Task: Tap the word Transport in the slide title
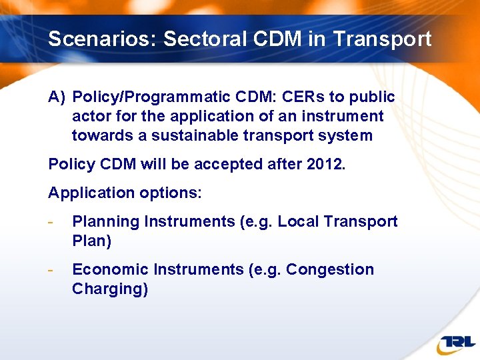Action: coord(382,39)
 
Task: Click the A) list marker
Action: coord(57,97)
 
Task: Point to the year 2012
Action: coord(325,165)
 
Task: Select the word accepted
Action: coord(221,165)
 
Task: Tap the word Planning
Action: coord(103,222)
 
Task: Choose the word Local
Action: coord(297,222)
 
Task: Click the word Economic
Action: coord(110,270)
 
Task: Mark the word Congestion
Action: coord(330,270)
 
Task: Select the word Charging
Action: coord(109,289)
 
